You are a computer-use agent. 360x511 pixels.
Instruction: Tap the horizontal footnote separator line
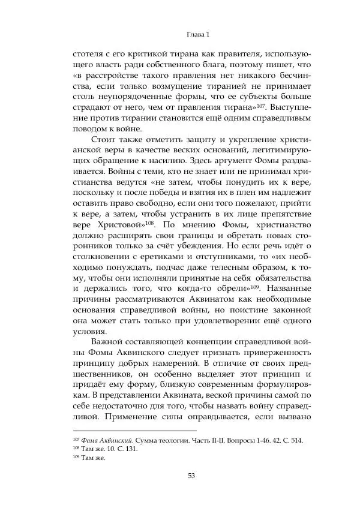(134, 430)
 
